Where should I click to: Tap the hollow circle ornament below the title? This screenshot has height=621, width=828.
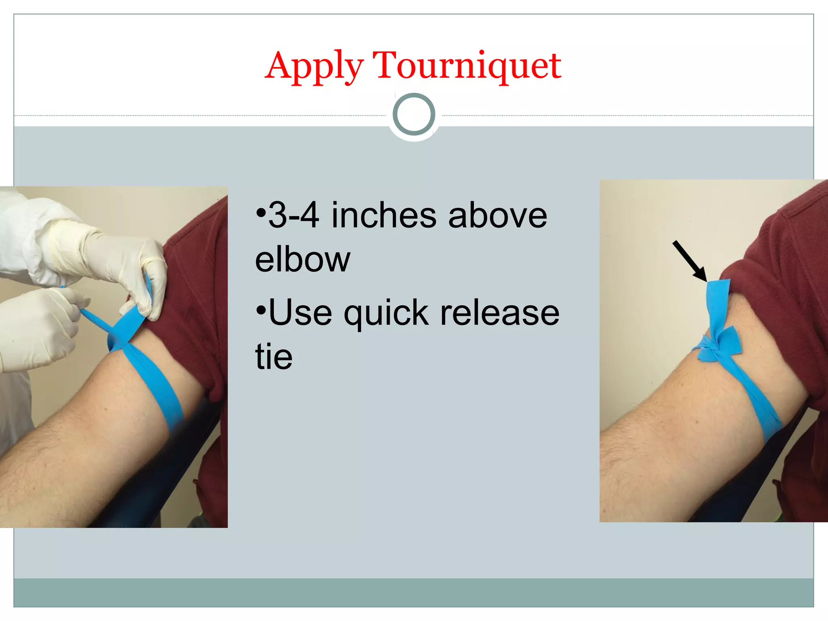(414, 114)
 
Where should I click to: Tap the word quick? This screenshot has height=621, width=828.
(386, 313)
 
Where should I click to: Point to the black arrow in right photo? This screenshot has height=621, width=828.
(690, 260)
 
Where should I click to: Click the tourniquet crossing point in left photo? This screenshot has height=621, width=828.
(119, 340)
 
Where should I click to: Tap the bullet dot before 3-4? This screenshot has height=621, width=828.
(261, 212)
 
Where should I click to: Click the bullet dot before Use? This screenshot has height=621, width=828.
(261, 310)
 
